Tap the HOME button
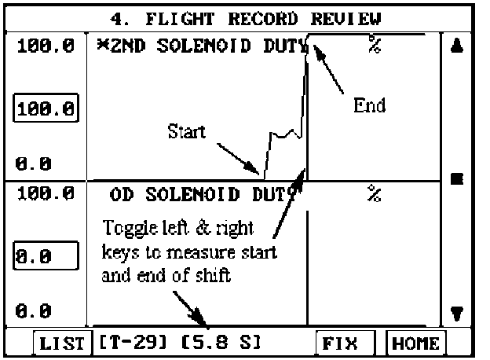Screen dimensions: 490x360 pos(415,343)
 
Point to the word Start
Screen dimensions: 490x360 pos(187,131)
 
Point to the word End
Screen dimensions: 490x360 pos(369,105)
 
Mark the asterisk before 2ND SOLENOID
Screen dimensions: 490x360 pos(102,44)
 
